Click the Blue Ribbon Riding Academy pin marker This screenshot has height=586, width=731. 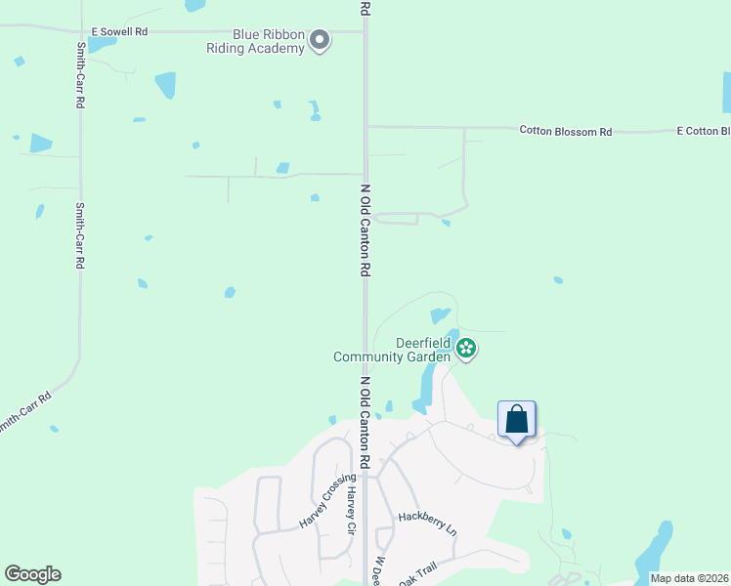pyautogui.click(x=320, y=39)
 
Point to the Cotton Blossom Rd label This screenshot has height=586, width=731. pyautogui.click(x=566, y=130)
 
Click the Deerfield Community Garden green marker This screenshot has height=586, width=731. pyautogui.click(x=466, y=348)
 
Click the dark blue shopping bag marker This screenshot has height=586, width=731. pyautogui.click(x=517, y=421)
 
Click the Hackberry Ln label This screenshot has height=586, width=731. pyautogui.click(x=427, y=523)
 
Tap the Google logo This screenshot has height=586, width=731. pyautogui.click(x=32, y=574)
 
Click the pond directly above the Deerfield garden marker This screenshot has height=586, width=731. pyautogui.click(x=440, y=315)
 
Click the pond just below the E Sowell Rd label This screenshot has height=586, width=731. pyautogui.click(x=102, y=45)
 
